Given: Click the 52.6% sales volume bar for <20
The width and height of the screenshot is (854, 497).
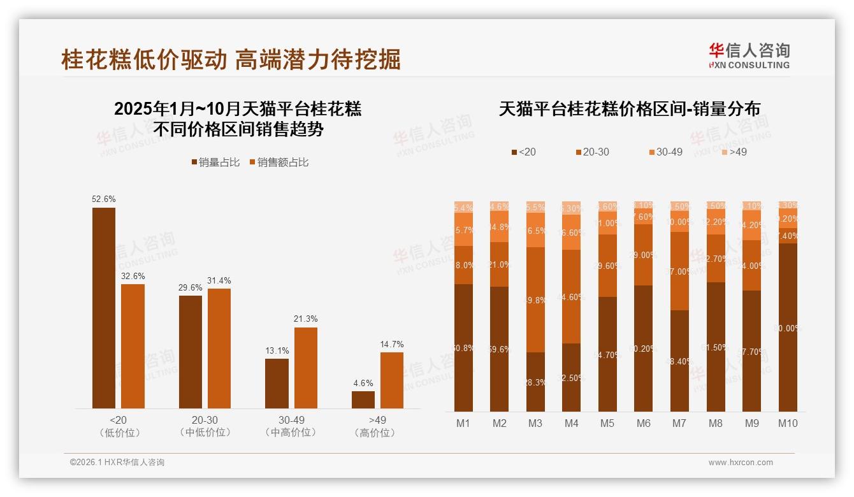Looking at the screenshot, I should pos(104,308).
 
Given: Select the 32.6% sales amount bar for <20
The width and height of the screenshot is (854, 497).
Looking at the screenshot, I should pos(133,346).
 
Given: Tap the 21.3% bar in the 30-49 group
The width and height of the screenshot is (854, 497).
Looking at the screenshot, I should pos(305,368).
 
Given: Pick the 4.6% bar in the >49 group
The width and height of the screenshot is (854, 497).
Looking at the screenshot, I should pos(363,400).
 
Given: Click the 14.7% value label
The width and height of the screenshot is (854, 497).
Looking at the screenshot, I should pos(392,345).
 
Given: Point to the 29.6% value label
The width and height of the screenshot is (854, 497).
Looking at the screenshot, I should pos(190,288).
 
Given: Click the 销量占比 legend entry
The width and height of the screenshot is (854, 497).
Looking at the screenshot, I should pos(215,162).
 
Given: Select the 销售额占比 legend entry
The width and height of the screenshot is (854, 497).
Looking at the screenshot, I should pos(279,162).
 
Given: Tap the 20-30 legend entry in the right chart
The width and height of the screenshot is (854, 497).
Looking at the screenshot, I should pos(592,152).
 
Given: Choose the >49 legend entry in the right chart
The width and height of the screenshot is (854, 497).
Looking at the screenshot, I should pos(734,152).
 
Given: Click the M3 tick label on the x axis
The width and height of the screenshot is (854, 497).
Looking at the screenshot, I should pos(535,423).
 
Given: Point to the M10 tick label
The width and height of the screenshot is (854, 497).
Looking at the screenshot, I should pos(788,423).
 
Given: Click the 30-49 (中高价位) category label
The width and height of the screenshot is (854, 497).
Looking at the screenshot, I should pos(291,426).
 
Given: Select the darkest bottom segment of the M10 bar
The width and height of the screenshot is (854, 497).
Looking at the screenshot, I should pos(788,328).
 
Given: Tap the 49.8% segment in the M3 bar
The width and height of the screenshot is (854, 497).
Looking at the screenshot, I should pos(535,300).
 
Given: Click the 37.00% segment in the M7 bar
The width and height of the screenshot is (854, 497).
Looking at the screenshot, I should pos(679,271).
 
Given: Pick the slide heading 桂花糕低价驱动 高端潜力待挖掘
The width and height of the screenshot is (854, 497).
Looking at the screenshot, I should pos(231,59).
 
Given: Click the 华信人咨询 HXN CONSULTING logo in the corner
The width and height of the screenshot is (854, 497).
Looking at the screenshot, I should pos(749,55).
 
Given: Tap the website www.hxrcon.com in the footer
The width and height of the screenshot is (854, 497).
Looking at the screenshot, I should pos(741,463).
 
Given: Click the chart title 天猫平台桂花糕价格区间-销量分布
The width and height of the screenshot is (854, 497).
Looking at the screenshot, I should pos(629,109).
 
